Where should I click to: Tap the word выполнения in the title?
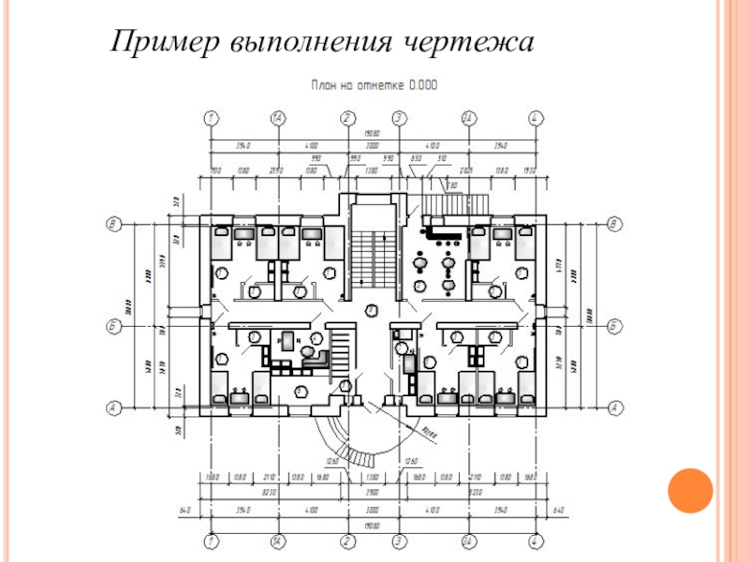[301, 43]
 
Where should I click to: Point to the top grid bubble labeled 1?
[211, 118]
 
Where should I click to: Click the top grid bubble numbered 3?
[399, 118]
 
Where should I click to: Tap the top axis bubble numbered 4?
[535, 118]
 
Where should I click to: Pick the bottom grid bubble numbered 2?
[347, 541]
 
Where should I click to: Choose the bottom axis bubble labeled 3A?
[467, 541]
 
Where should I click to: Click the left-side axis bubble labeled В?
[113, 223]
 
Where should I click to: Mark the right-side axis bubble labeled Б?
[615, 325]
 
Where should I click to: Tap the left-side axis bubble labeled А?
[113, 407]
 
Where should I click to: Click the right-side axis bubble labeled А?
[615, 407]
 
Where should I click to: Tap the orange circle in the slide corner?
[690, 489]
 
